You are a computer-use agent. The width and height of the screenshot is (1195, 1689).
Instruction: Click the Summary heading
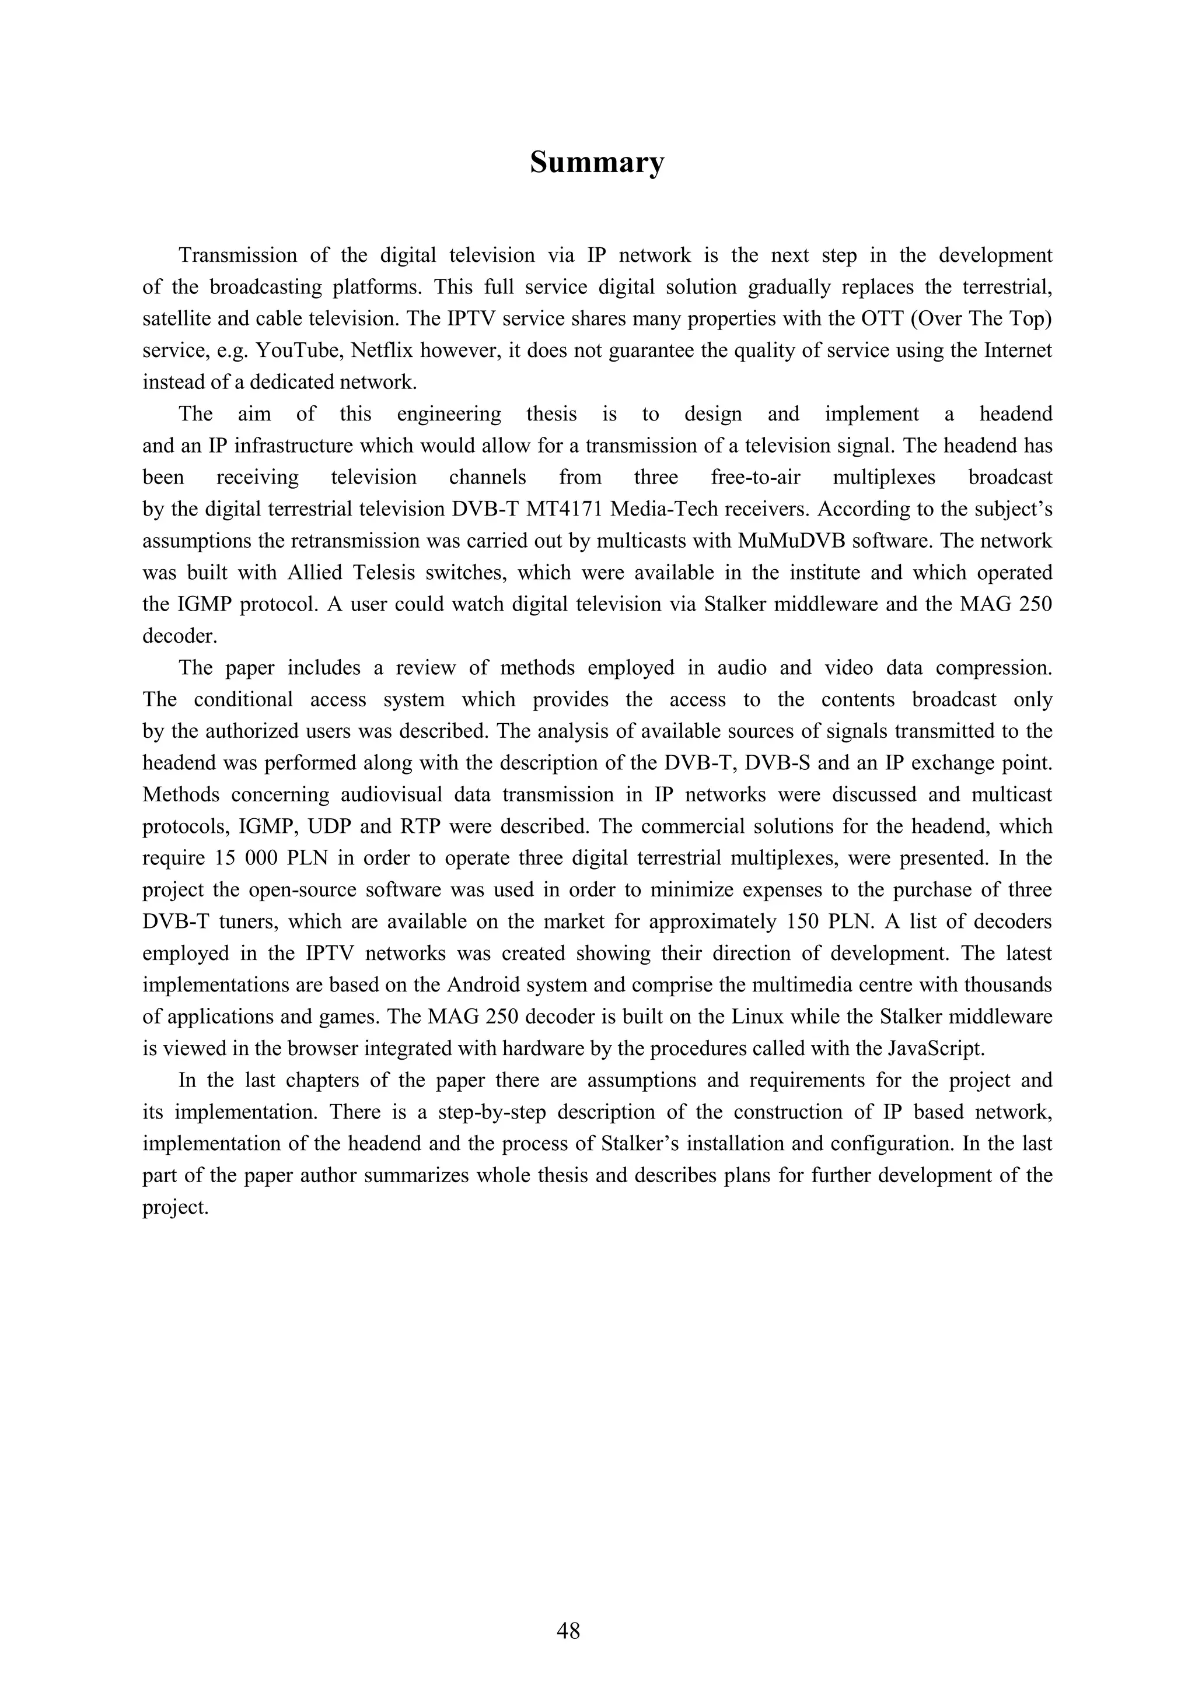[597, 163]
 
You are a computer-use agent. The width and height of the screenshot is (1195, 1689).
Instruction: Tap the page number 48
[568, 1631]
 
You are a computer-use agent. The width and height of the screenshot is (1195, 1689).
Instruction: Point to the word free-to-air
[755, 478]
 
